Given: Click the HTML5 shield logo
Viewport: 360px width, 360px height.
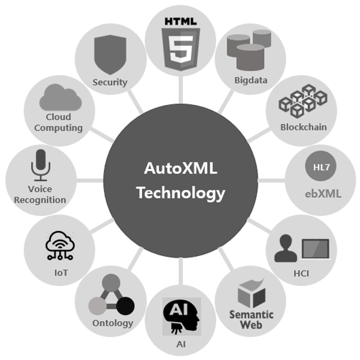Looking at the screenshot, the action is [x=181, y=49].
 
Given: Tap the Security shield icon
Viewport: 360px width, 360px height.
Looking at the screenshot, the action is [x=110, y=54].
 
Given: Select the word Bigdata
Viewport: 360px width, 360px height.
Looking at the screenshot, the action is [x=251, y=80].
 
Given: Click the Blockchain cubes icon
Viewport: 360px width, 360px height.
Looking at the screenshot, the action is [x=303, y=101].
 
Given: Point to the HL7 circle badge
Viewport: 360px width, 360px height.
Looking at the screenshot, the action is [x=321, y=166].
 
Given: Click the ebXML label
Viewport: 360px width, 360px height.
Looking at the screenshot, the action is [x=323, y=194].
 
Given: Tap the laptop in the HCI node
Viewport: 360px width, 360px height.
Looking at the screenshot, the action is [x=315, y=249].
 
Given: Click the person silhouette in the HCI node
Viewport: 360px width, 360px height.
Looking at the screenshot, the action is [x=285, y=248].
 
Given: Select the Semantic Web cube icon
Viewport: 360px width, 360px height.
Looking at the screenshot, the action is [x=251, y=293].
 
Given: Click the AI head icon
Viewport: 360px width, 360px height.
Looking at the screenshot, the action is [x=182, y=316].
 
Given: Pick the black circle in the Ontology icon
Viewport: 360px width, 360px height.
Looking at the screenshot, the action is [x=126, y=306].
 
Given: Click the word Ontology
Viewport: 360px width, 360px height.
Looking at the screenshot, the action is [x=113, y=324].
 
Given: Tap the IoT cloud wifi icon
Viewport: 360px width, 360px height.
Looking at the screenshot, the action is [x=60, y=245].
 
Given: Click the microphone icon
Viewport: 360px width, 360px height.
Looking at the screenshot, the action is [x=41, y=165].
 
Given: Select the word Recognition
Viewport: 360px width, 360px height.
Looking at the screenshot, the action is [x=40, y=200].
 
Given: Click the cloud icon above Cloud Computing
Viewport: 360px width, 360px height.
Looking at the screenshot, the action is [x=60, y=97].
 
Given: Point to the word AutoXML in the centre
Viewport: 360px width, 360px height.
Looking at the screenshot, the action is [x=181, y=168].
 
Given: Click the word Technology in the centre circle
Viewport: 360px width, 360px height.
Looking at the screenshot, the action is [x=181, y=193].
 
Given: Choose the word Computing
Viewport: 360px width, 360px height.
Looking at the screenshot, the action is [x=58, y=128].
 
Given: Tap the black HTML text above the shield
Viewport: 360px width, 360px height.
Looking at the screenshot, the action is [x=181, y=22].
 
